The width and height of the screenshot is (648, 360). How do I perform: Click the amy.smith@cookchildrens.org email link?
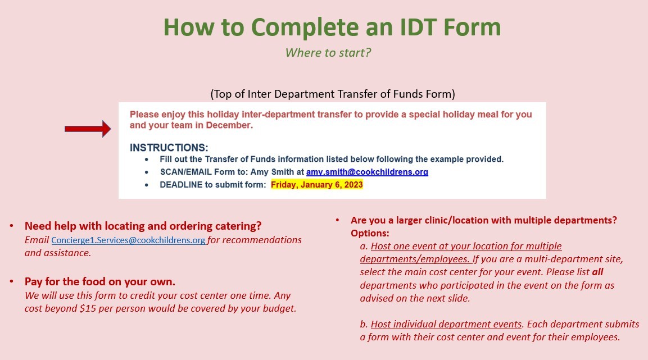point(367,172)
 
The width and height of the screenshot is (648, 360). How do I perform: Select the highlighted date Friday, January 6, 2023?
point(316,185)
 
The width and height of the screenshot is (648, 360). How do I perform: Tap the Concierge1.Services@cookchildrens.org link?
point(128,240)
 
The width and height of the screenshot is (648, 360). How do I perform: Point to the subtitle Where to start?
point(328,53)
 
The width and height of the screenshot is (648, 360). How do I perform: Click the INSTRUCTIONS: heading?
point(169,148)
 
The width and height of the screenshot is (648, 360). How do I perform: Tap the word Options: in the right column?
point(370,233)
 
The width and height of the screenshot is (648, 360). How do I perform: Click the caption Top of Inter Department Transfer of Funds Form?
point(332,93)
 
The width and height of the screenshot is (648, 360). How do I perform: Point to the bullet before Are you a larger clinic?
point(338,220)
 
